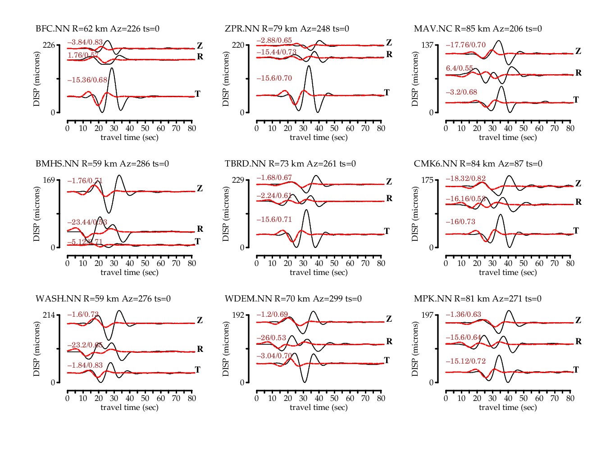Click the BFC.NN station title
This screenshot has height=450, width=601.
pos(97,29)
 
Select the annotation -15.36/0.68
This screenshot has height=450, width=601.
pos(87,80)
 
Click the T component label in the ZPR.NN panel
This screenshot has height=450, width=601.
pos(387,93)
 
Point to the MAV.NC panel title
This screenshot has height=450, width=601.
pos(478,29)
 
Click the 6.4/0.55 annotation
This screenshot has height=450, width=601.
pos(460,68)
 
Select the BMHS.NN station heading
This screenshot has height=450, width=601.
pos(102,164)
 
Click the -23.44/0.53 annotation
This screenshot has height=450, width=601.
pos(87,222)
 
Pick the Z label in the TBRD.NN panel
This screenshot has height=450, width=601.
pos(389,182)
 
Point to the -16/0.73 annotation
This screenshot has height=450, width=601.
pos(460,222)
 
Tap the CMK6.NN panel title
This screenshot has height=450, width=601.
pos(478,164)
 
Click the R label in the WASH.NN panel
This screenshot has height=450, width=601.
pos(200,349)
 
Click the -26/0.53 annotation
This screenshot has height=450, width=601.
pos(271,338)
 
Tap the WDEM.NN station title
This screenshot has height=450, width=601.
pos(293,299)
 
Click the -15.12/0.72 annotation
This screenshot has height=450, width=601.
pos(466,361)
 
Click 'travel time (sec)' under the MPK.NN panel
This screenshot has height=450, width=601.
pos(508,408)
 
